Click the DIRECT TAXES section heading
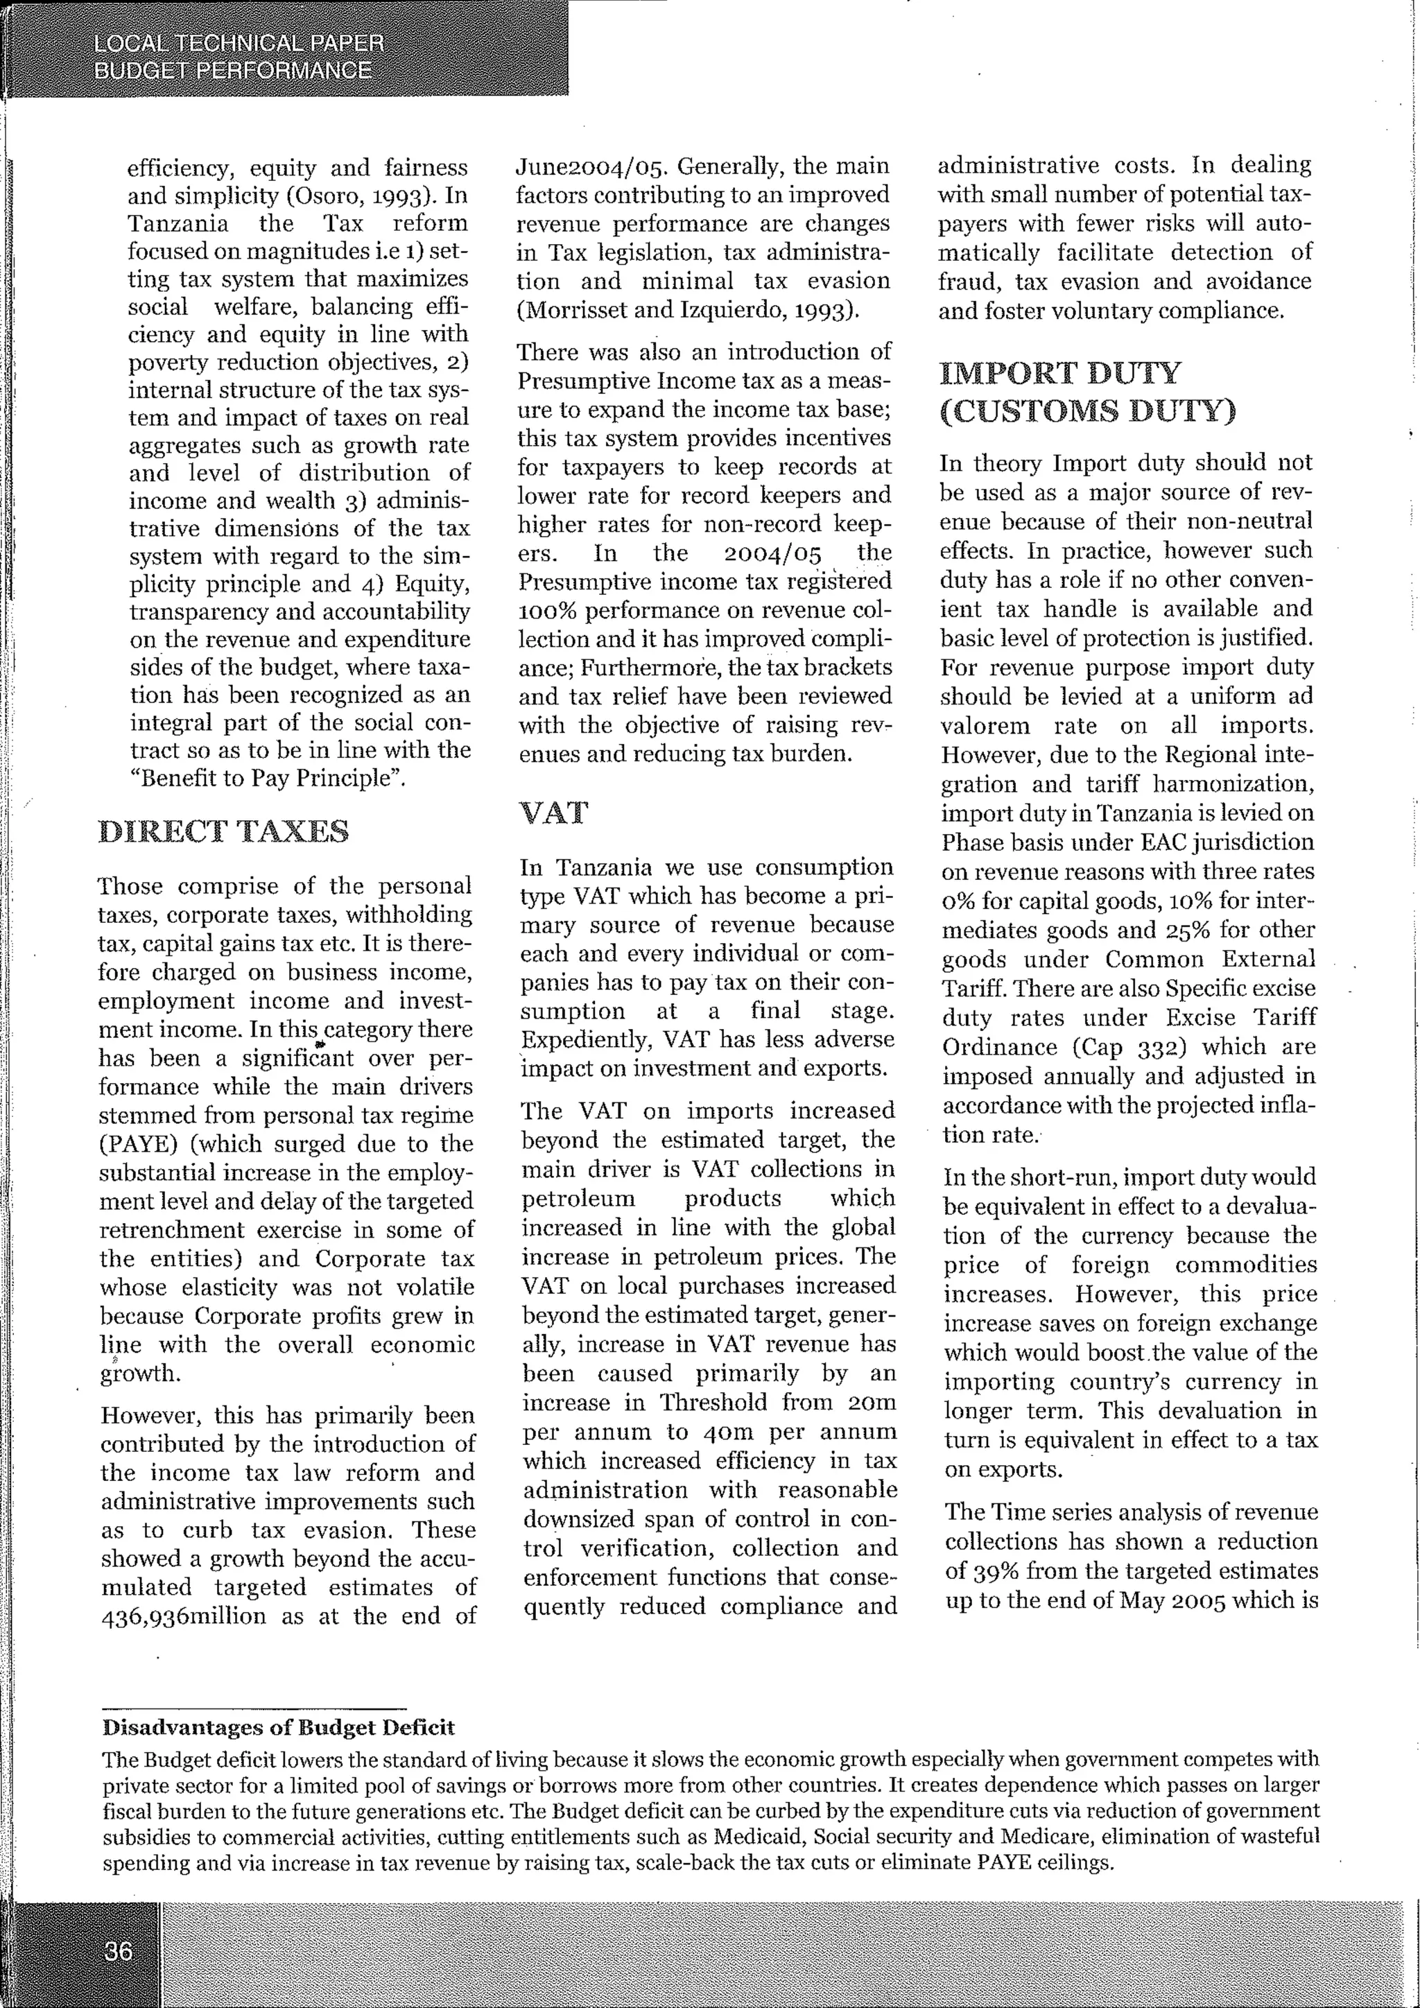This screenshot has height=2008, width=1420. point(224,831)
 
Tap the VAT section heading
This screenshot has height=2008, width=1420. point(553,813)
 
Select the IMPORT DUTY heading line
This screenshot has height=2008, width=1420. point(1059,374)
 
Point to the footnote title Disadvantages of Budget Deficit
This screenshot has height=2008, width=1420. point(278,1727)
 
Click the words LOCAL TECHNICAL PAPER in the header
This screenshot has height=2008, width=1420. point(238,44)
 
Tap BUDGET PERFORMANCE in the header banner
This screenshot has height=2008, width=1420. point(232,71)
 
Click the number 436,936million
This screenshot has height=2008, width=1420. point(183,1616)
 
